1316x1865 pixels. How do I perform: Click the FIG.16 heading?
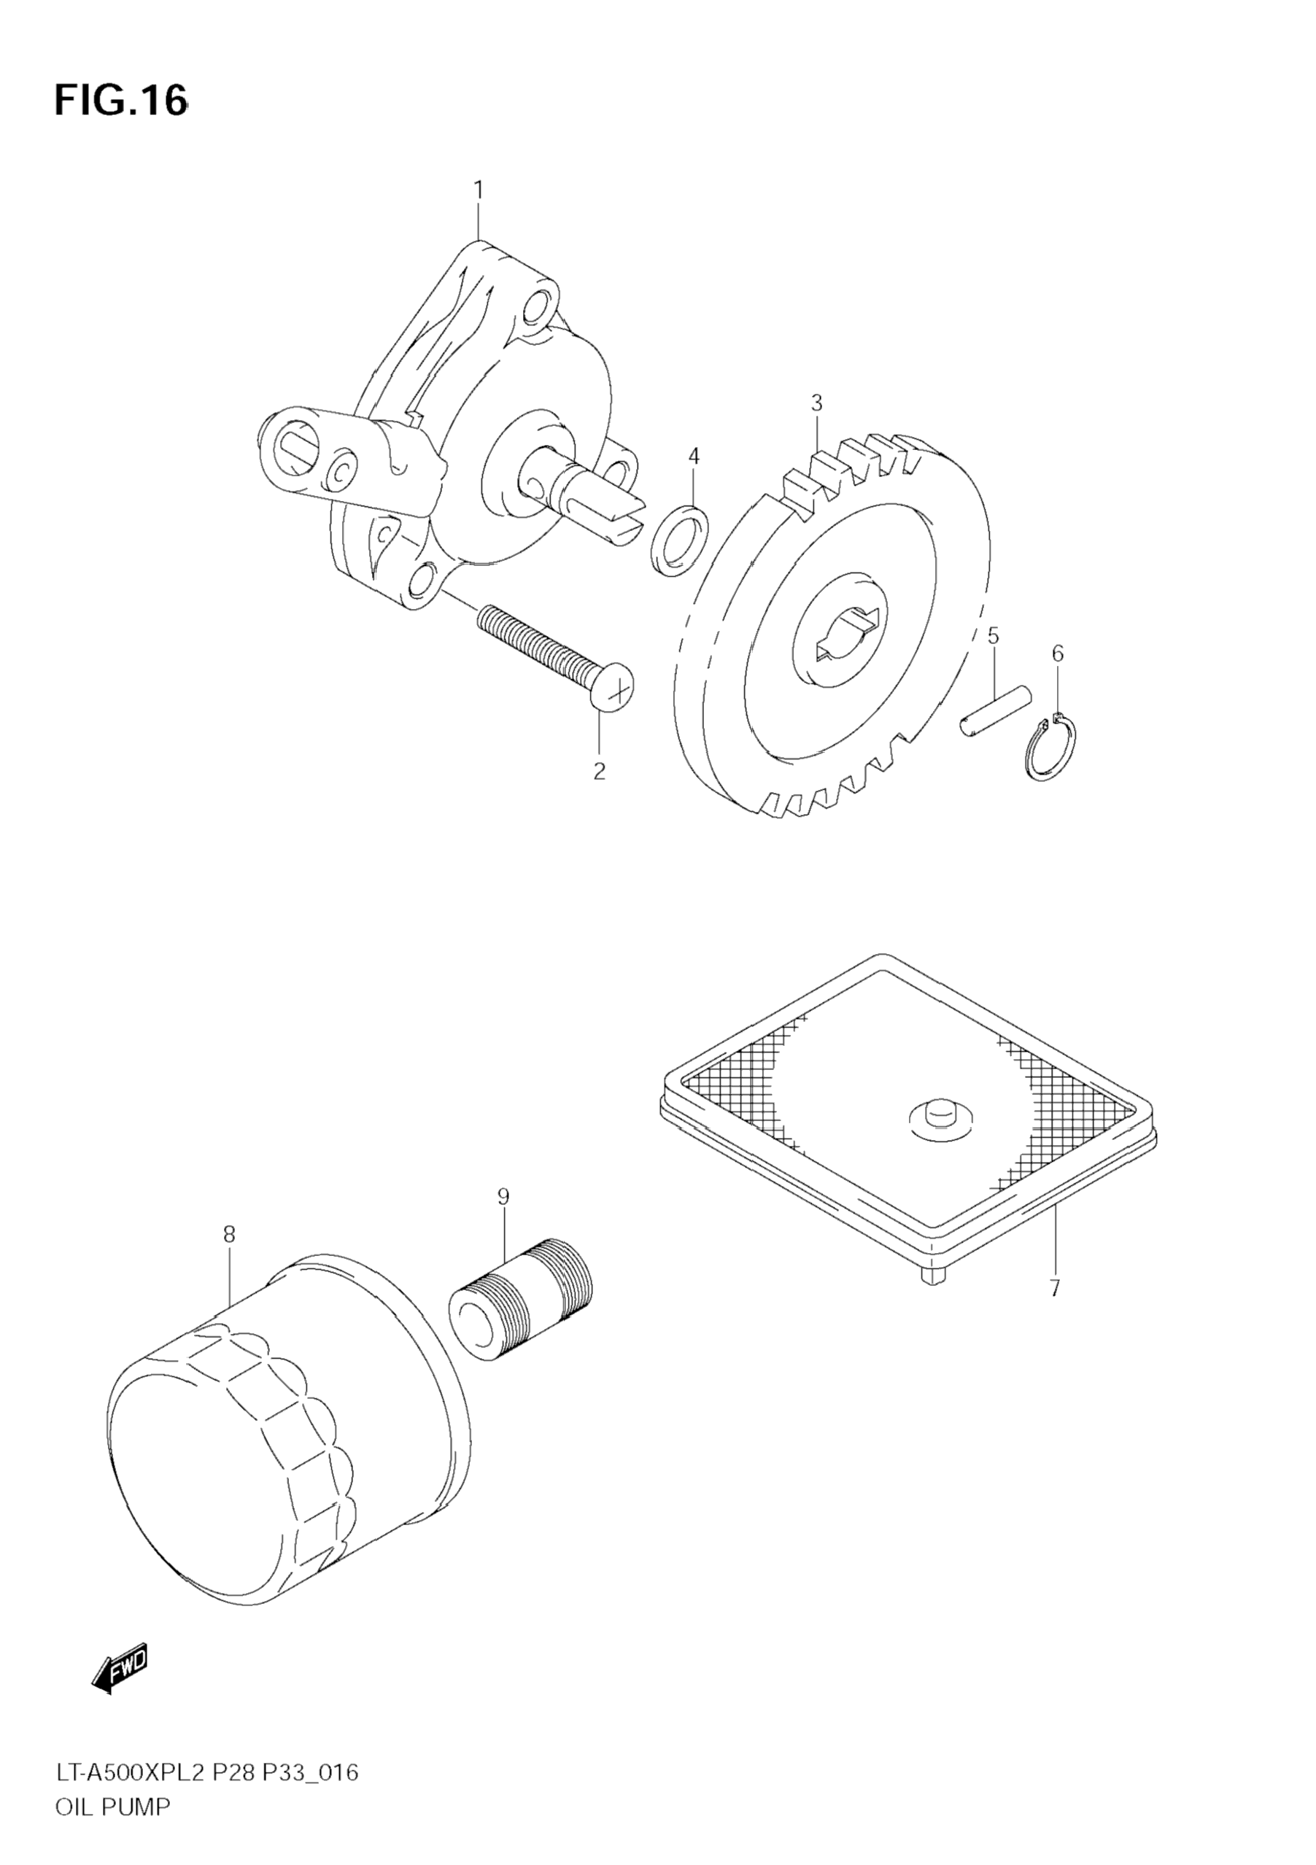(121, 101)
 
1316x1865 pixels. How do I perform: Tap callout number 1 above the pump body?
(479, 190)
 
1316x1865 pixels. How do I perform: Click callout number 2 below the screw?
(600, 771)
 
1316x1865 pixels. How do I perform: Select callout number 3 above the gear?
(816, 403)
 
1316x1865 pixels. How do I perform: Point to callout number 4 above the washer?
(693, 457)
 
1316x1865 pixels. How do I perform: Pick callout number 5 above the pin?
(993, 635)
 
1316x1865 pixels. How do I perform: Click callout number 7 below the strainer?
(1054, 1288)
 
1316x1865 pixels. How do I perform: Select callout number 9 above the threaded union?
(503, 1196)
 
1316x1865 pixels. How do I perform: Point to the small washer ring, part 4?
(678, 540)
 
